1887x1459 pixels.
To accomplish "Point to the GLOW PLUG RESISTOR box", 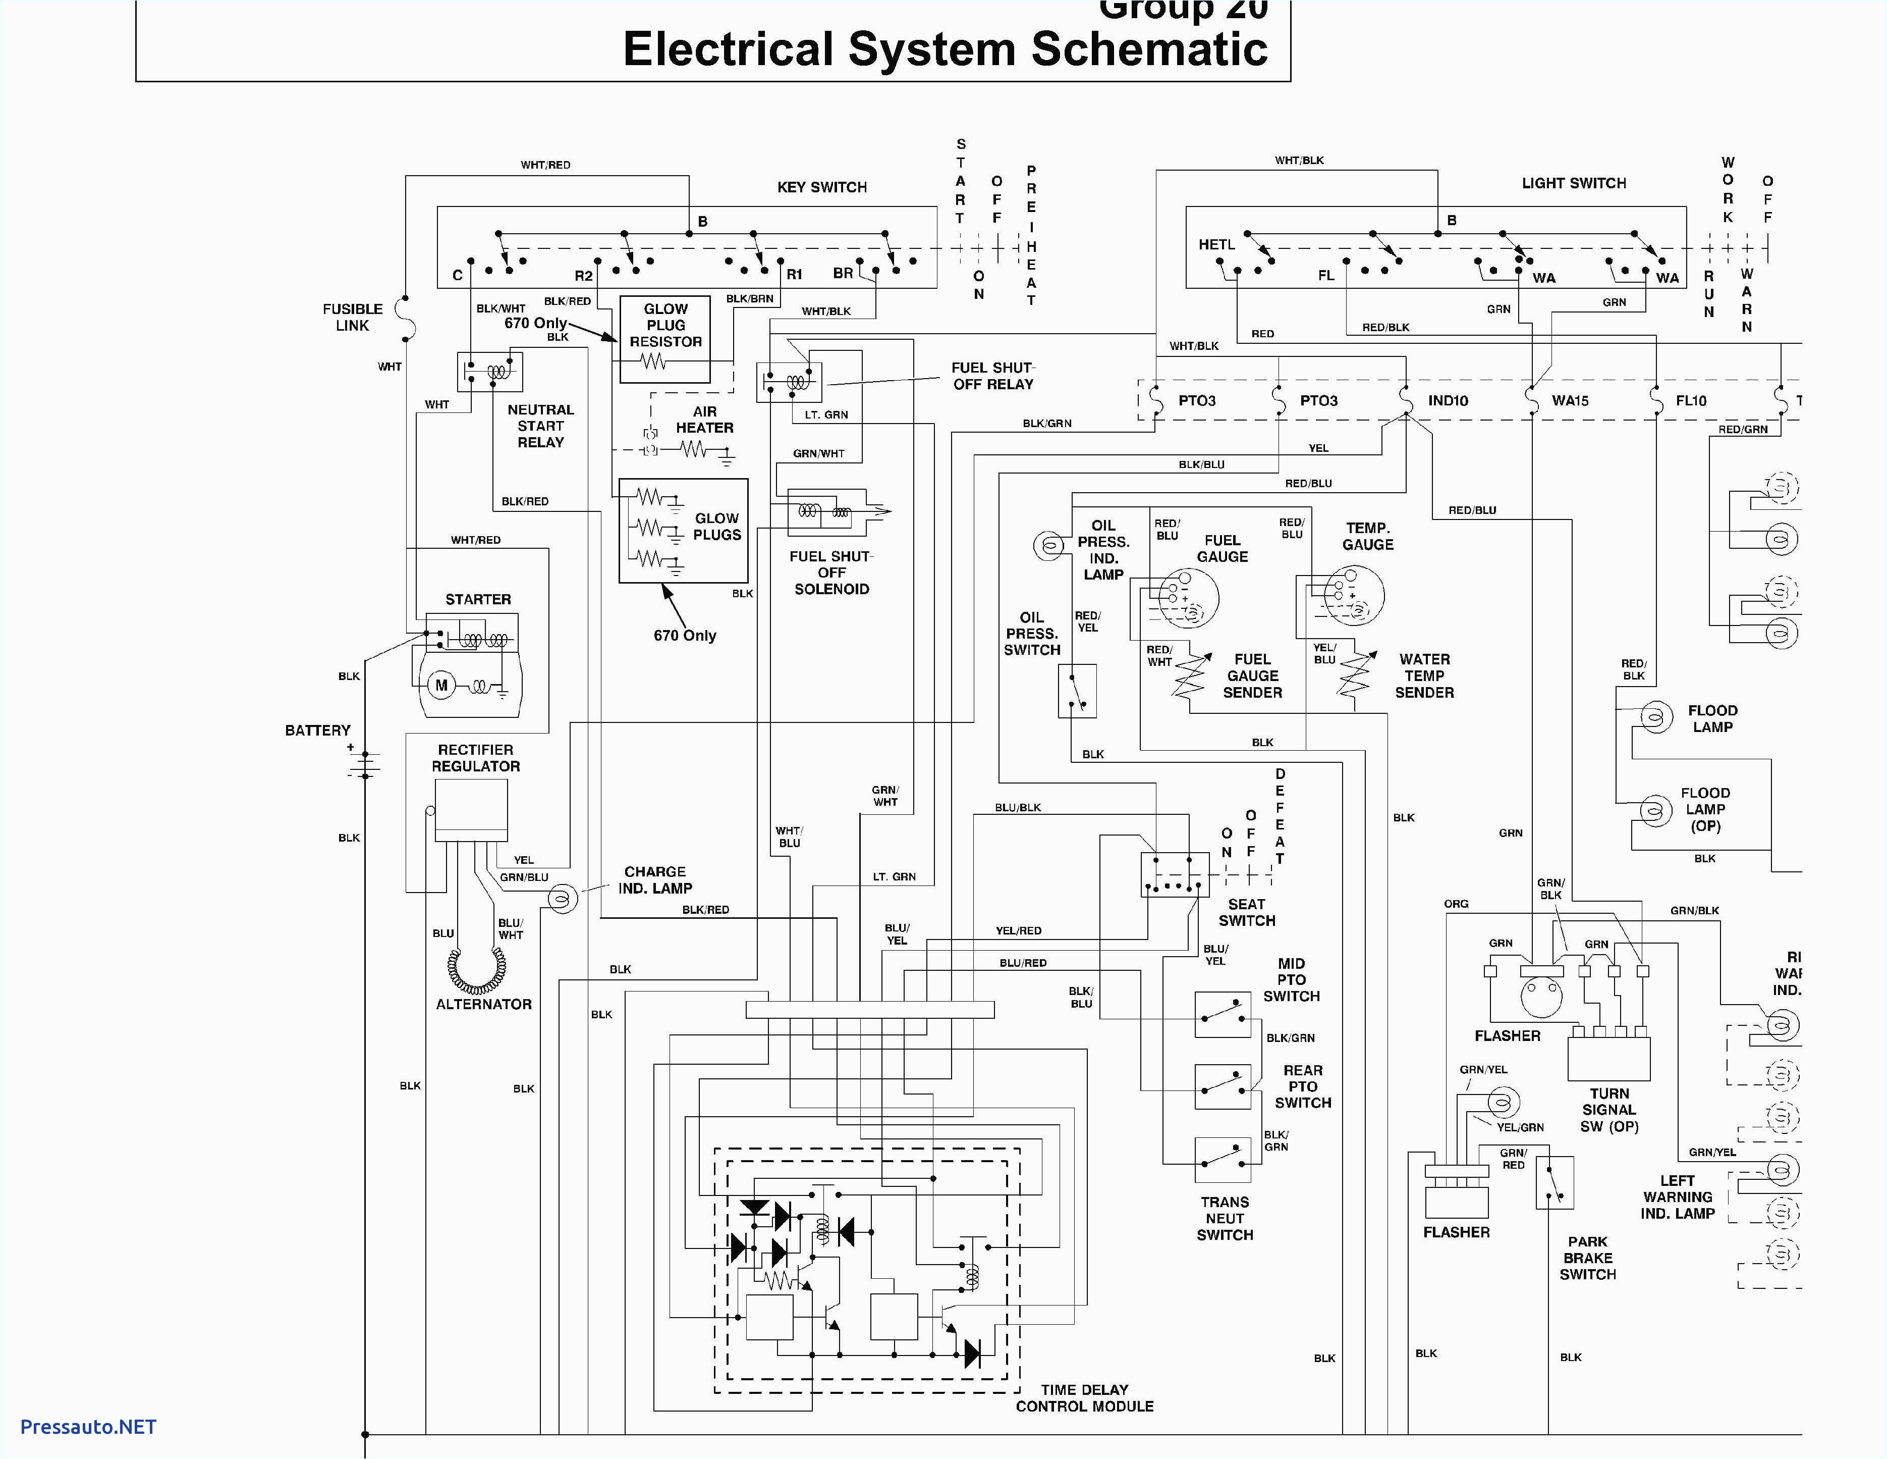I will point(665,339).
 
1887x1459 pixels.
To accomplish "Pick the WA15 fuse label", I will point(1570,401).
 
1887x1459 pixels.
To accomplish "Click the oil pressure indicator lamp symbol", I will point(1049,545).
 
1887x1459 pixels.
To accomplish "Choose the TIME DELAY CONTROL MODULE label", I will point(1084,1397).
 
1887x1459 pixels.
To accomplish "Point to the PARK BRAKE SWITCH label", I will point(1587,1258).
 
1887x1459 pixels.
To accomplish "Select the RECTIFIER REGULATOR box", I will point(471,810).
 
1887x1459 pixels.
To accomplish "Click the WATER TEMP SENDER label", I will point(1424,676).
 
